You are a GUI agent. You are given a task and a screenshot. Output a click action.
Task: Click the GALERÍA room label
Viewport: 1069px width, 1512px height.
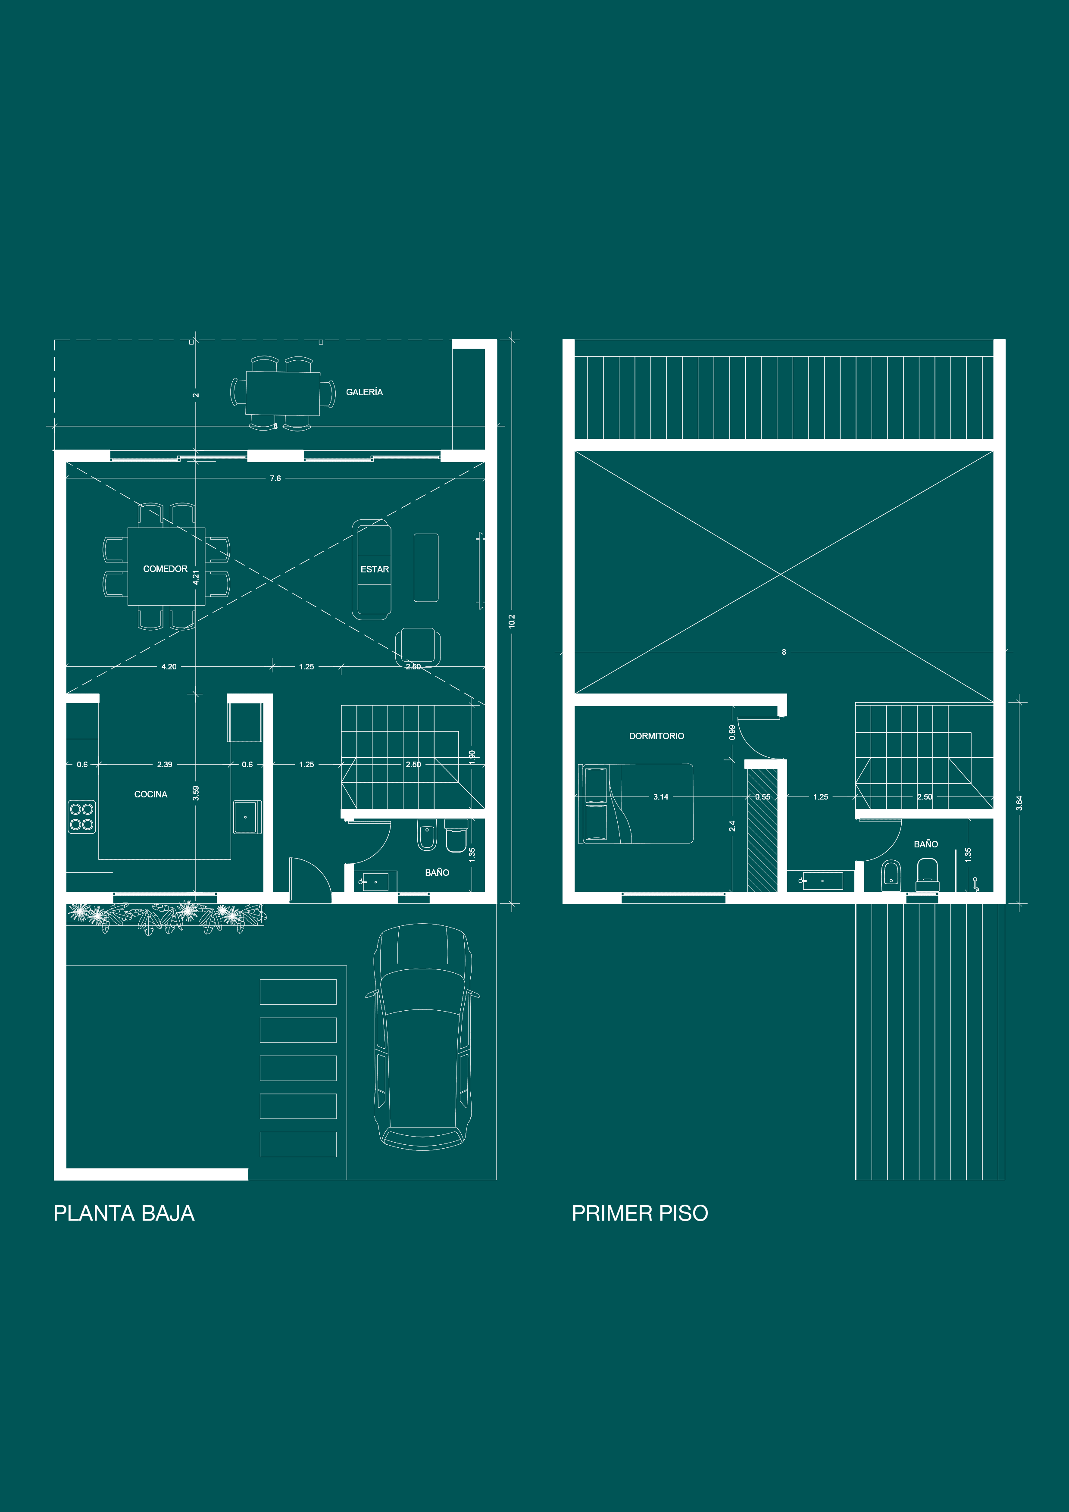(364, 392)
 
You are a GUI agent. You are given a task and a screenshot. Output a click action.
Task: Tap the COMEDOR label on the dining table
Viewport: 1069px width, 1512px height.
(166, 569)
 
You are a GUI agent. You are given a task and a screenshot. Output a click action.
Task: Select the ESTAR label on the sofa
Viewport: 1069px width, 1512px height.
(374, 569)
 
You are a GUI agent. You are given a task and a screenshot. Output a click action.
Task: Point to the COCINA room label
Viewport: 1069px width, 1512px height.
(151, 794)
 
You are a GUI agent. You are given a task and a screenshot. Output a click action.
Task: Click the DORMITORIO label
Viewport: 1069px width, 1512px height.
(656, 736)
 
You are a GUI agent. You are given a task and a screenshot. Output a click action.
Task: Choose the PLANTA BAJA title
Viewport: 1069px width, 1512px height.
(124, 1213)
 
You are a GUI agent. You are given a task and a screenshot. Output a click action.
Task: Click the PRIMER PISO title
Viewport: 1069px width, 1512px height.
(640, 1213)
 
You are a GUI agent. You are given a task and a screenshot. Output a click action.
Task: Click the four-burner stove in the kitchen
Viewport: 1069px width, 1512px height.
(81, 817)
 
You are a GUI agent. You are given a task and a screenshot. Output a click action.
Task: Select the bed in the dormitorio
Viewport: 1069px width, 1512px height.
(636, 803)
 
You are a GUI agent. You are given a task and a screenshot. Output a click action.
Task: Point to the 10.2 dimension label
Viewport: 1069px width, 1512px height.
(512, 621)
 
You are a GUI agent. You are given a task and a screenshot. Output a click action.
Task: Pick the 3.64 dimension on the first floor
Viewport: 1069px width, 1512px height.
(1019, 803)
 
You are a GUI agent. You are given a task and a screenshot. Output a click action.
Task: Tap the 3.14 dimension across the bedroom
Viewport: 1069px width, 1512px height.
(661, 797)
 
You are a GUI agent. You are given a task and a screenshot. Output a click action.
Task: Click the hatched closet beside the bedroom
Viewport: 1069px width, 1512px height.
(762, 831)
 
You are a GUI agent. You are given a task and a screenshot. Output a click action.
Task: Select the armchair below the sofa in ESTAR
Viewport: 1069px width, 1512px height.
(418, 645)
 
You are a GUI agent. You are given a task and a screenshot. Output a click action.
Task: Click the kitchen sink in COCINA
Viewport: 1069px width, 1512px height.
(247, 817)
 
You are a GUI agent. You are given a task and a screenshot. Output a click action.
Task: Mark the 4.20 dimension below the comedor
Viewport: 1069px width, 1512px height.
(169, 666)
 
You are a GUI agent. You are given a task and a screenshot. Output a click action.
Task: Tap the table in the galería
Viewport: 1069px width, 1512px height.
(283, 393)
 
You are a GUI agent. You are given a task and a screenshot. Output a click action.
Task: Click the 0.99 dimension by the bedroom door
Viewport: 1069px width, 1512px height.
(732, 732)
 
